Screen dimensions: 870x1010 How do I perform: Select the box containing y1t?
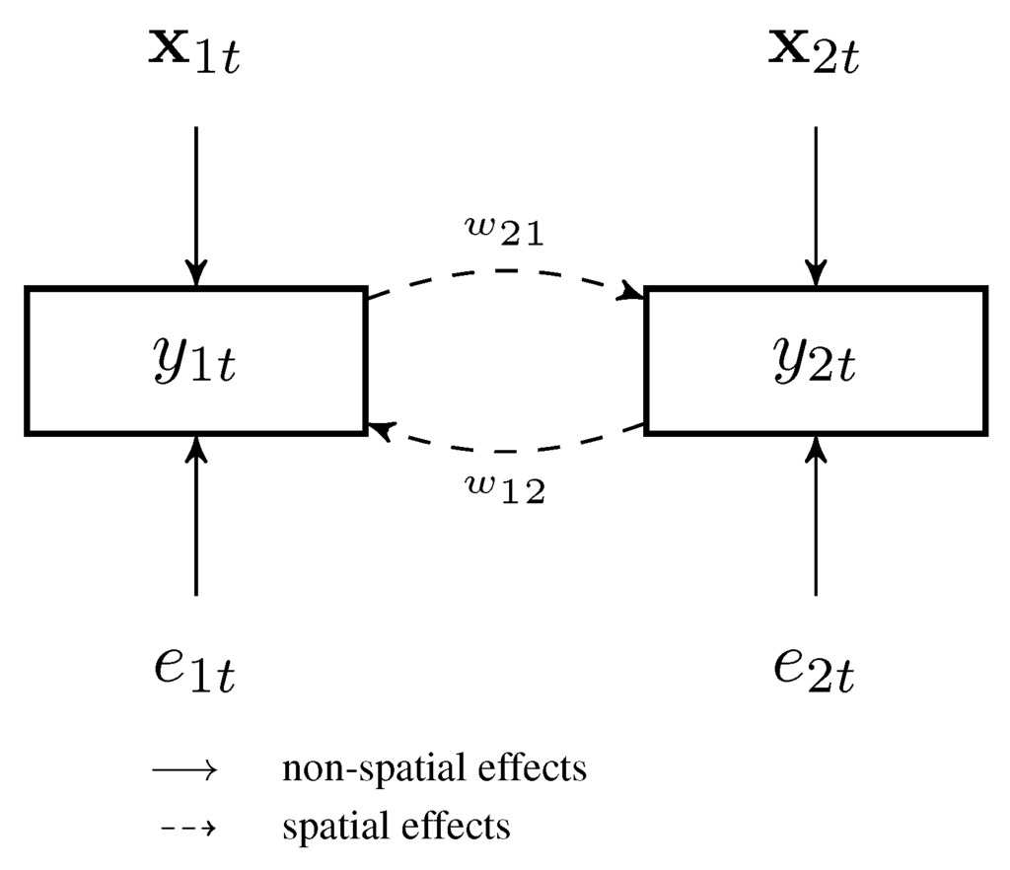[x=196, y=361]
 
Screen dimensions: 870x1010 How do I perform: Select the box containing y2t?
[x=815, y=361]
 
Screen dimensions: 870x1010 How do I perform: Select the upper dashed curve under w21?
[x=505, y=271]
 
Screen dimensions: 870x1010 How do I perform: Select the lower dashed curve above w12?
[x=505, y=451]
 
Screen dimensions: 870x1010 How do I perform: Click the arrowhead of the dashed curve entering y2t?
[x=628, y=291]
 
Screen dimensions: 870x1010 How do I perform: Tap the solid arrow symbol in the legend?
[x=183, y=770]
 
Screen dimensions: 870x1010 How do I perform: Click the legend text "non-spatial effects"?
[x=434, y=768]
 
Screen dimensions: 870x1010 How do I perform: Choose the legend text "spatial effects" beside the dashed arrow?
[x=396, y=826]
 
